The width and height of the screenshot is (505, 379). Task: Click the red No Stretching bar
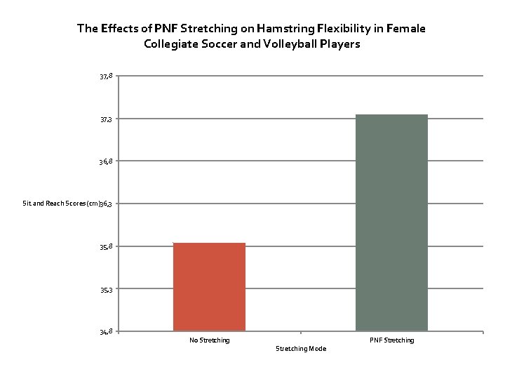pos(209,286)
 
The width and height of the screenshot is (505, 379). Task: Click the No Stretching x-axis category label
pos(209,340)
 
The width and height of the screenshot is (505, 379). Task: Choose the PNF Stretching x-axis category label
pos(391,340)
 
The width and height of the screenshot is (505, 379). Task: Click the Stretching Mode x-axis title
pos(300,349)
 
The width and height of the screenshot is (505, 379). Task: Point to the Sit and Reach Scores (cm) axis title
pos(62,204)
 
